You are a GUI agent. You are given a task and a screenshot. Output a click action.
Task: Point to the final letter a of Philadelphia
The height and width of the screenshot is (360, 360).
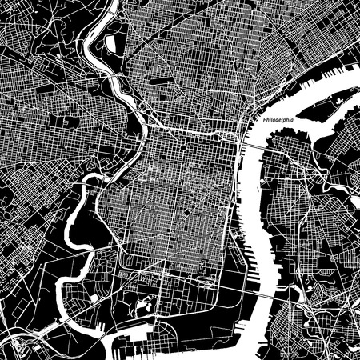coord(293,121)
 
